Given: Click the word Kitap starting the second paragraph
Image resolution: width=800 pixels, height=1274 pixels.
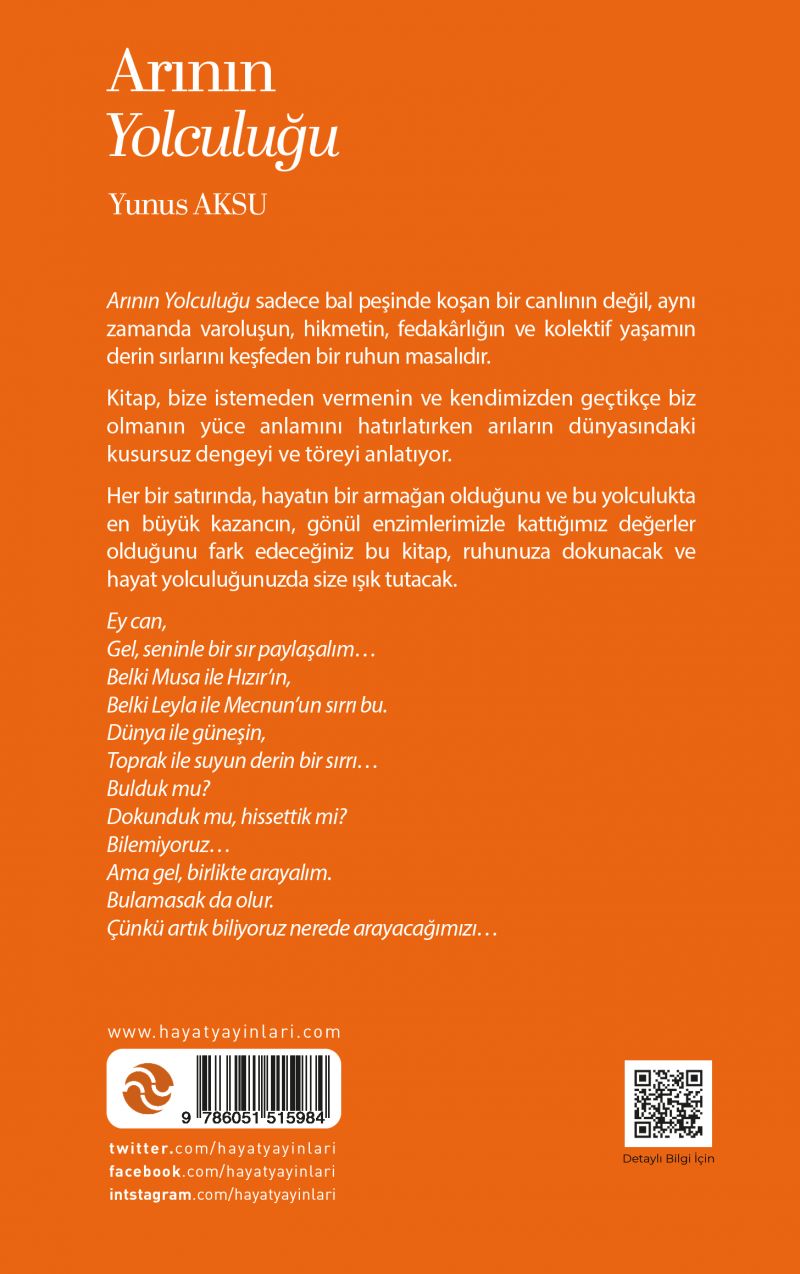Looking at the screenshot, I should pyautogui.click(x=130, y=398).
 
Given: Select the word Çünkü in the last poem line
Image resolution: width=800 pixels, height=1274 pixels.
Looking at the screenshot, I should pyautogui.click(x=132, y=929).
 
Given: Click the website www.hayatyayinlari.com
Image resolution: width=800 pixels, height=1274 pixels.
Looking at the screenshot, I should pyautogui.click(x=224, y=1032).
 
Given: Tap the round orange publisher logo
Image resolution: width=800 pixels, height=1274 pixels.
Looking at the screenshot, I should pyautogui.click(x=148, y=1088).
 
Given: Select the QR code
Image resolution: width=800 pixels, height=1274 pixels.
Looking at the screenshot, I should pyautogui.click(x=668, y=1103).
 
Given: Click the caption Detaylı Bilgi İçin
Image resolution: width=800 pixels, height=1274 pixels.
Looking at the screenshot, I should pyautogui.click(x=668, y=1159).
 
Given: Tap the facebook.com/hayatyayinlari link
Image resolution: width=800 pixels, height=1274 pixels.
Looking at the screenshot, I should pyautogui.click(x=220, y=1171).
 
